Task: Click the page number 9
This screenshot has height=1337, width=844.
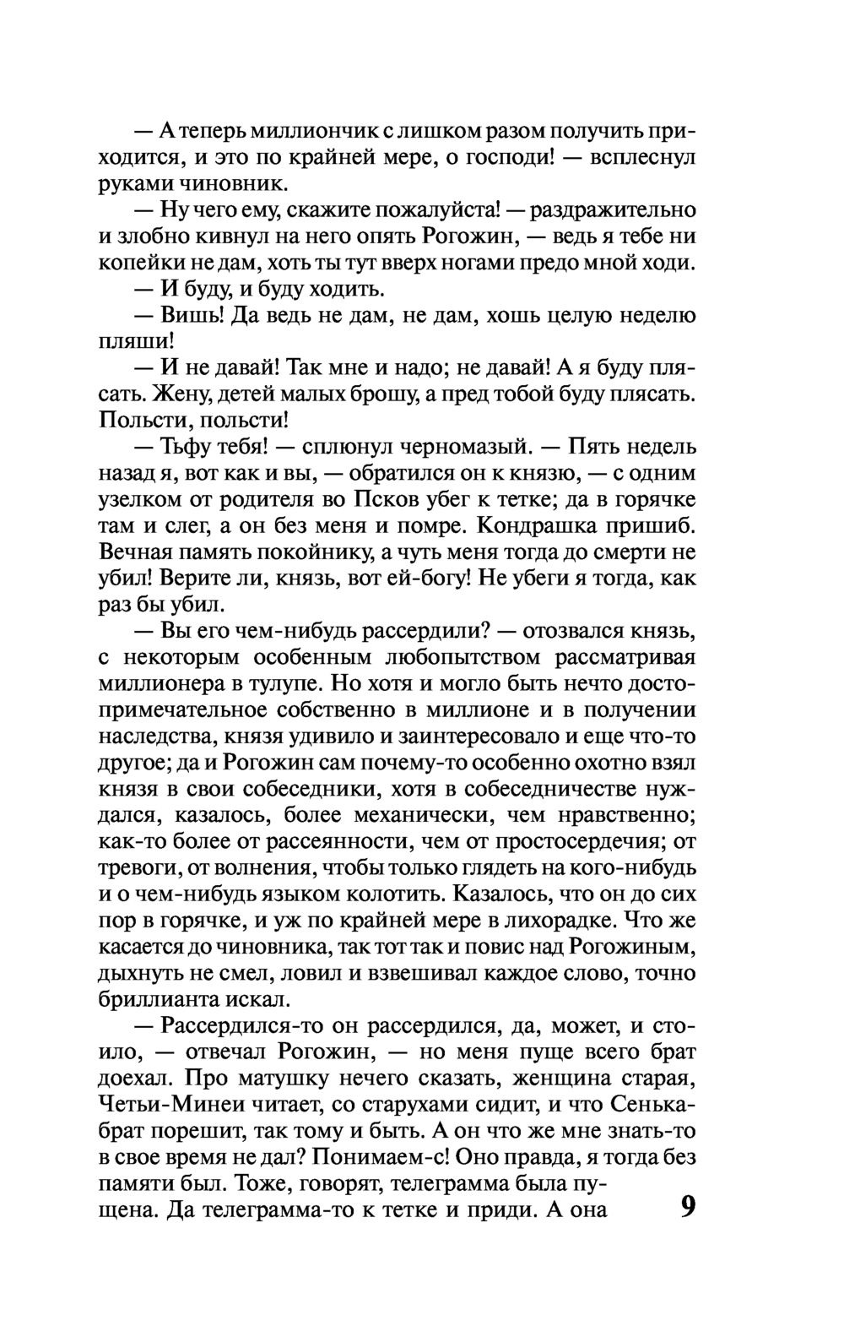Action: tap(687, 1207)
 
